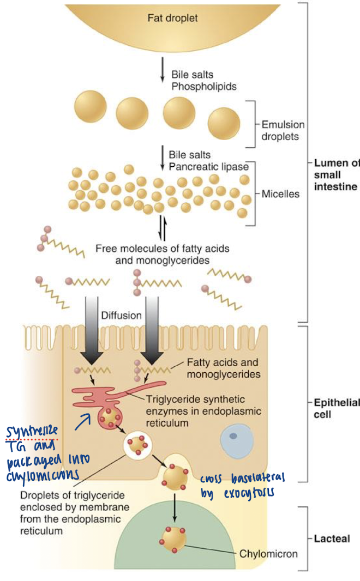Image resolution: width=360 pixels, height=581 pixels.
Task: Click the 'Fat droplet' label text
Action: coord(172,19)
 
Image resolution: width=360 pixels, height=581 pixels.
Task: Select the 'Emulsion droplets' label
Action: coord(283,130)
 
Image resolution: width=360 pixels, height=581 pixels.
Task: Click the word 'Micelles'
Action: coord(280,193)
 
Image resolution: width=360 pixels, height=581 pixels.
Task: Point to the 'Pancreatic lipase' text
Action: coord(208,166)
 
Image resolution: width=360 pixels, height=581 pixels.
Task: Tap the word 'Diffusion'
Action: coord(121,315)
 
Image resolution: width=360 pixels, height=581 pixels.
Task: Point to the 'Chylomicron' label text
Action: coord(269,554)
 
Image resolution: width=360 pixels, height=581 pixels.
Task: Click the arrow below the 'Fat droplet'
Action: coord(162,71)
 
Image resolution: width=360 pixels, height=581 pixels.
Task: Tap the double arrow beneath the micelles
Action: coord(162,228)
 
